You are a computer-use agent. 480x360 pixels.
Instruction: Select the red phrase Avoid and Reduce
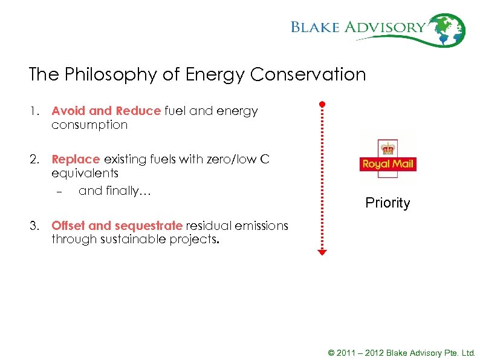(x=106, y=111)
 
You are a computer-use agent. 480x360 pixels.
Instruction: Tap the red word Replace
(x=76, y=160)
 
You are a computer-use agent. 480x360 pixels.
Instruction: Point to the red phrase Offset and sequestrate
(x=117, y=226)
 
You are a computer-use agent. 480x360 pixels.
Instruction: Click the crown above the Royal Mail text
(x=387, y=147)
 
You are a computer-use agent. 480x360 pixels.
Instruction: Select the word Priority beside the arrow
(x=388, y=203)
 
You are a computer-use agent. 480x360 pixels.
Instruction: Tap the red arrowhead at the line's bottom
(x=322, y=252)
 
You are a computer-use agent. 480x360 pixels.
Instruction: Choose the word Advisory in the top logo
(x=394, y=27)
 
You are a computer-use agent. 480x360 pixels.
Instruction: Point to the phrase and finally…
(x=114, y=191)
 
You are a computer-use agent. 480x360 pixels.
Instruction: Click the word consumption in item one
(x=89, y=125)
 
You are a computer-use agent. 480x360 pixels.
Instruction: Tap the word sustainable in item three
(x=127, y=239)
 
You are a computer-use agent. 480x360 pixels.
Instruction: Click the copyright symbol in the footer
(x=331, y=353)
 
